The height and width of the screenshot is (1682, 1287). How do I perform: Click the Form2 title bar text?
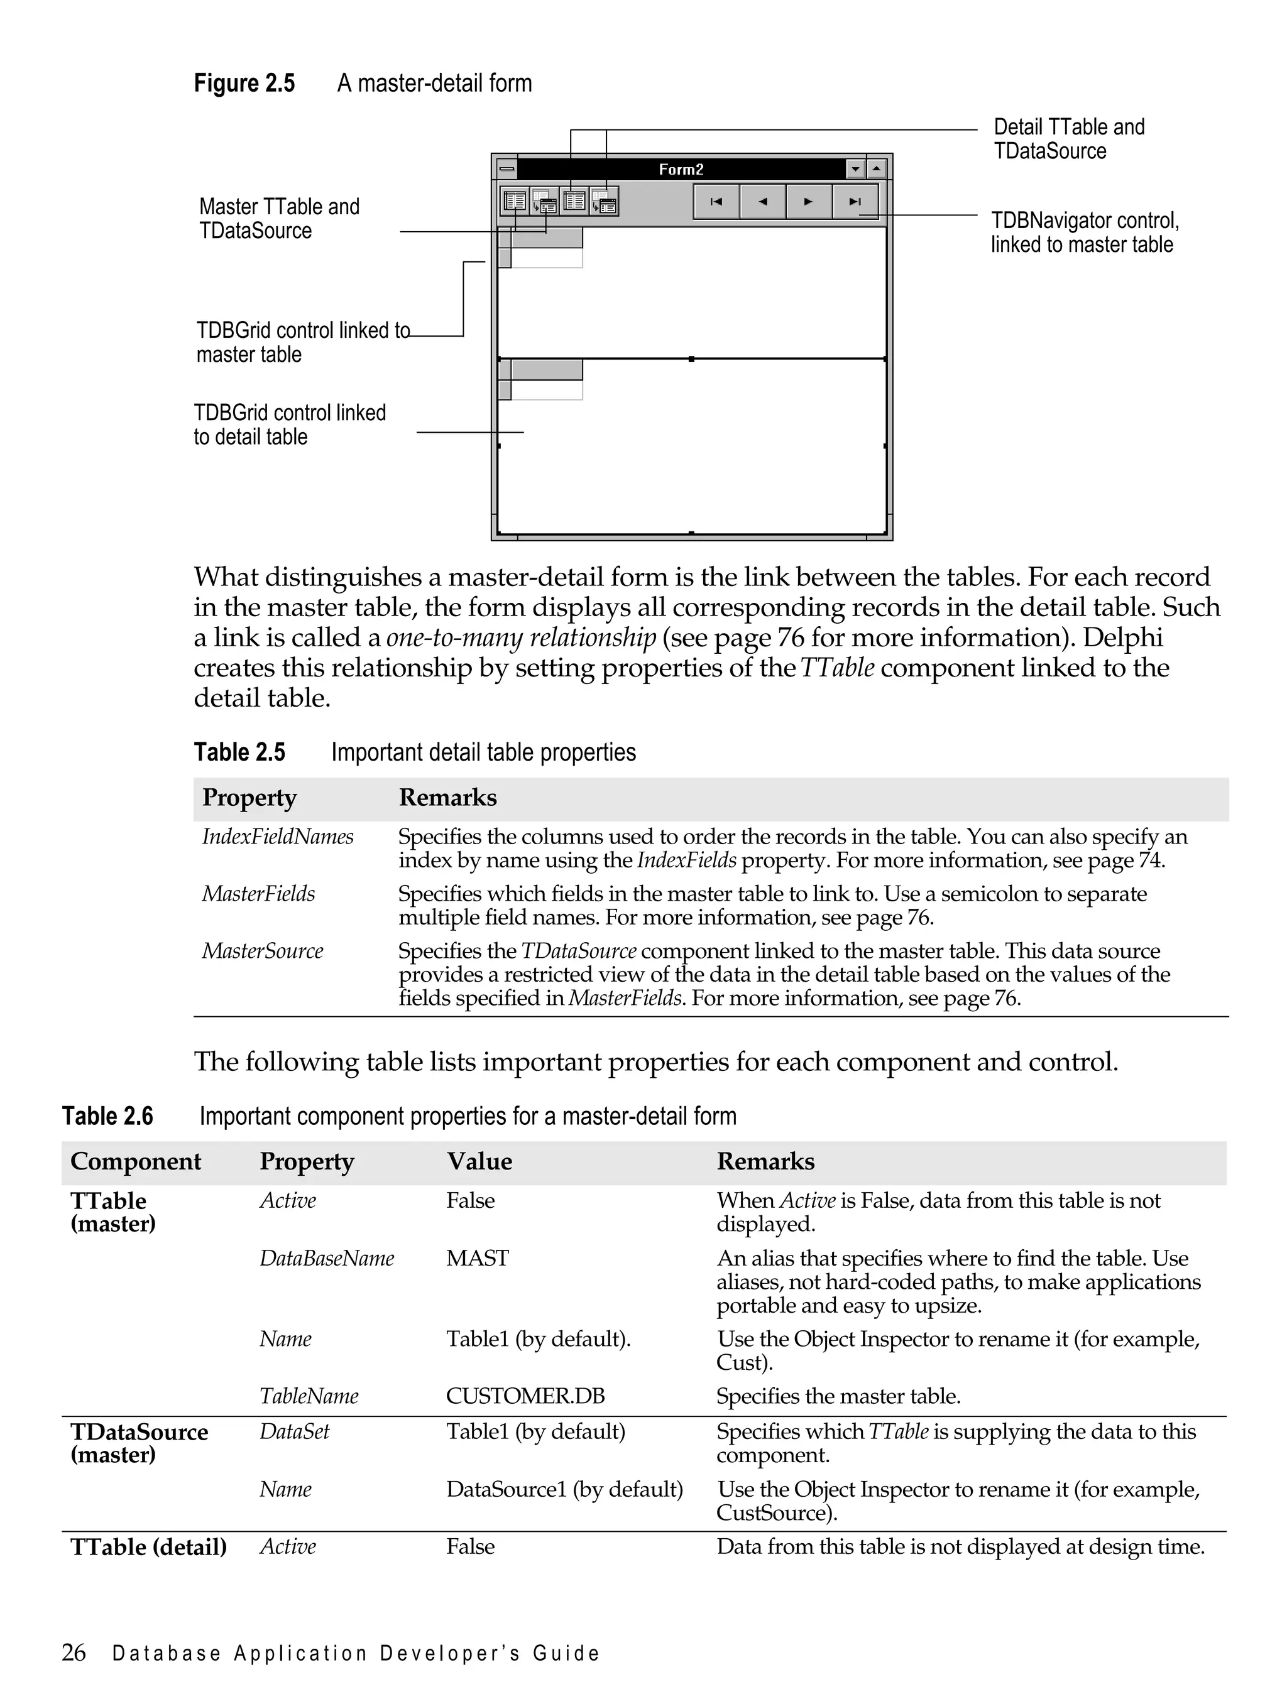pos(681,169)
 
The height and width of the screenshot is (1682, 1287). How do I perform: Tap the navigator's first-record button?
pos(716,202)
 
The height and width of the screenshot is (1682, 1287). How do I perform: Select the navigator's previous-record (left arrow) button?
pos(762,202)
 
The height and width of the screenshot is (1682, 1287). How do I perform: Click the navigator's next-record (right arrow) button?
pos(808,202)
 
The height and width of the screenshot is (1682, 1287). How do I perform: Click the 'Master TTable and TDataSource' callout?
pos(279,218)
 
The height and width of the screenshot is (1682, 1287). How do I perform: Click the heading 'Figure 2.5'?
pos(244,83)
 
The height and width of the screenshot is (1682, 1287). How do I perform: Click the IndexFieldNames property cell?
pos(277,836)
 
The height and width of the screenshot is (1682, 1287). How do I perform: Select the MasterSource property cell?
pos(262,950)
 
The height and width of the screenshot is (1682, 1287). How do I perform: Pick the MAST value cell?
pos(477,1258)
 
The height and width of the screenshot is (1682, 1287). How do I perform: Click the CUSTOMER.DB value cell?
pos(525,1396)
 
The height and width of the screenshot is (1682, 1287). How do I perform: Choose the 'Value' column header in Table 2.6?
pos(479,1161)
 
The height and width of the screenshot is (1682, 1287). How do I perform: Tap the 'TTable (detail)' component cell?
pos(148,1546)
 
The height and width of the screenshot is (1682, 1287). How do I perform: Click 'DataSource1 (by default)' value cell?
pos(564,1489)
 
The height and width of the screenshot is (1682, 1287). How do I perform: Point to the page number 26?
pos(74,1652)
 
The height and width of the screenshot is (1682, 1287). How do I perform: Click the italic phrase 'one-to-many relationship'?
pos(521,637)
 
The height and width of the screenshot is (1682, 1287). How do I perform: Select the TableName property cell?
pos(309,1396)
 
